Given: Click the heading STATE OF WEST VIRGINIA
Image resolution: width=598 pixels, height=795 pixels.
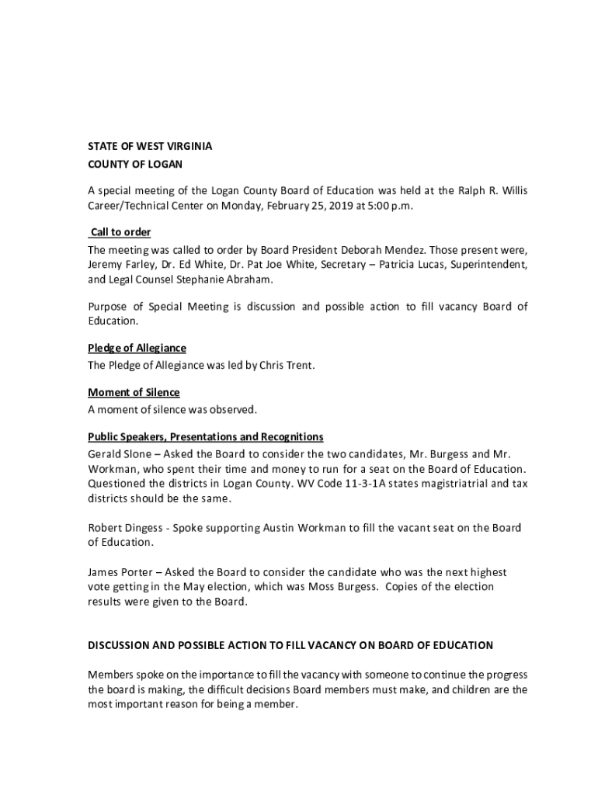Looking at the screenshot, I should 150,146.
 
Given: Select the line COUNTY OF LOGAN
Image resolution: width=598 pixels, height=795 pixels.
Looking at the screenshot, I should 134,165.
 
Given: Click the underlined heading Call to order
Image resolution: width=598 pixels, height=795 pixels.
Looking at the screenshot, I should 120,232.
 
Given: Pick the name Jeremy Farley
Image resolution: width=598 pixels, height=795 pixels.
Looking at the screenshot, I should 115,265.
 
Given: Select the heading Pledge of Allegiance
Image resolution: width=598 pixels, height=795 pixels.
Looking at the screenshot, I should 137,348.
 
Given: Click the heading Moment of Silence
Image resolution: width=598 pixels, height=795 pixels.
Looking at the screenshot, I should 134,393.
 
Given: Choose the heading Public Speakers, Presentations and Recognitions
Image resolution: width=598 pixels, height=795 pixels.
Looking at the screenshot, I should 206,437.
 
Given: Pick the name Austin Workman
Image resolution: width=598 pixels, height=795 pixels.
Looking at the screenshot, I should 304,528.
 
